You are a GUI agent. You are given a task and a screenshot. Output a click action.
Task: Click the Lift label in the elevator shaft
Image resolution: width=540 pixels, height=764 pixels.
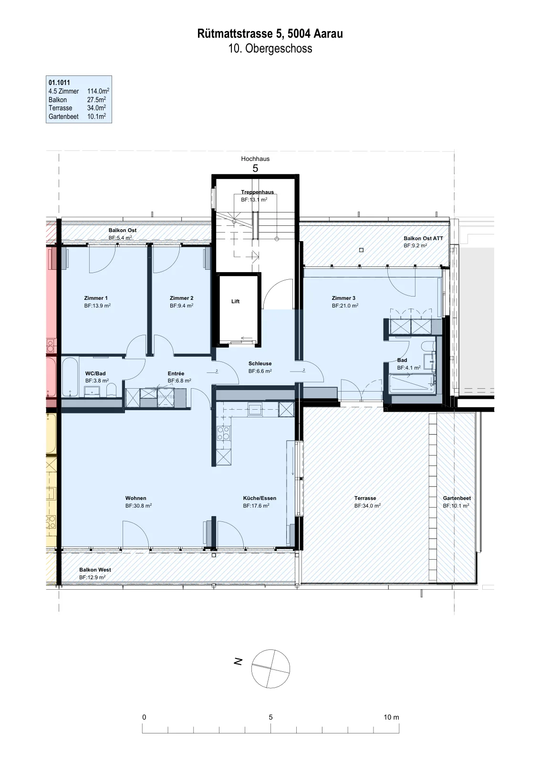pyautogui.click(x=236, y=301)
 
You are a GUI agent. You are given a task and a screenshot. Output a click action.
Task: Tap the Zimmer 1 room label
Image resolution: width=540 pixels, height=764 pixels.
pyautogui.click(x=96, y=298)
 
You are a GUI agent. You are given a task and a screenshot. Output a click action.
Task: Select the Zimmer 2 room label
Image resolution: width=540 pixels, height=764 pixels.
pyautogui.click(x=182, y=298)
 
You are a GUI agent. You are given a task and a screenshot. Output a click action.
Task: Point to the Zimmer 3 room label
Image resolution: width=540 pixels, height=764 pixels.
pyautogui.click(x=343, y=298)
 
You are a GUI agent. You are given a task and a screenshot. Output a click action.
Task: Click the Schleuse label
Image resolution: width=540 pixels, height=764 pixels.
pyautogui.click(x=260, y=363)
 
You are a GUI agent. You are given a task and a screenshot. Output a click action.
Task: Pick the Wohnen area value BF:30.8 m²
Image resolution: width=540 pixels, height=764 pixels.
pyautogui.click(x=138, y=506)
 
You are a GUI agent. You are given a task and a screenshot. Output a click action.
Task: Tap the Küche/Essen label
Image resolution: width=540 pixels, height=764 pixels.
pyautogui.click(x=260, y=499)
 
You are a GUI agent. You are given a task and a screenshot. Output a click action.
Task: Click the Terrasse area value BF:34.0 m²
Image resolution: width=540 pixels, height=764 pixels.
pyautogui.click(x=367, y=506)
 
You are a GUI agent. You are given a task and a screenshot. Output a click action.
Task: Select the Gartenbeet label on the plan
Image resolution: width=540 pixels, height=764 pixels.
pyautogui.click(x=457, y=499)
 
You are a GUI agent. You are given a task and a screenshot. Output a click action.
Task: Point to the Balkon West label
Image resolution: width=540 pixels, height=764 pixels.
pyautogui.click(x=95, y=570)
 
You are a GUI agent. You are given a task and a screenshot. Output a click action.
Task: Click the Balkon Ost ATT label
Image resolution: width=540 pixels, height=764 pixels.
pyautogui.click(x=424, y=238)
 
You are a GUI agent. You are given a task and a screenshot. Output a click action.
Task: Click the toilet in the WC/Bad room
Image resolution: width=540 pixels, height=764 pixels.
pyautogui.click(x=112, y=390)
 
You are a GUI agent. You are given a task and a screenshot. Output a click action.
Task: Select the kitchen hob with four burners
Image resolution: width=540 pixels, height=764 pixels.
pyautogui.click(x=224, y=434)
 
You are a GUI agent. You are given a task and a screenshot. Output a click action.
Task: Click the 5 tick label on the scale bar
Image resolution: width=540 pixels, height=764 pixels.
pyautogui.click(x=270, y=717)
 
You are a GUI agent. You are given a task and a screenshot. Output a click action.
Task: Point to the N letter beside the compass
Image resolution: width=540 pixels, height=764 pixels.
pyautogui.click(x=238, y=661)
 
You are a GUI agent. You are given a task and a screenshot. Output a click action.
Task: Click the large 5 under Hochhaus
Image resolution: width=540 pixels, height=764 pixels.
pyautogui.click(x=255, y=168)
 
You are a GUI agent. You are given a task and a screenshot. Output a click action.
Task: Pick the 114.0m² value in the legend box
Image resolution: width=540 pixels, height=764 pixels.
pyautogui.click(x=98, y=91)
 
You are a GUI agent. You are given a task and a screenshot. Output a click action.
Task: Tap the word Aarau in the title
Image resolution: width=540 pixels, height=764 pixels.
pyautogui.click(x=328, y=33)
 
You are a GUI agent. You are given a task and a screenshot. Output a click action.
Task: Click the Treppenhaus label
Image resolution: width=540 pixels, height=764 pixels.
pyautogui.click(x=257, y=192)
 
